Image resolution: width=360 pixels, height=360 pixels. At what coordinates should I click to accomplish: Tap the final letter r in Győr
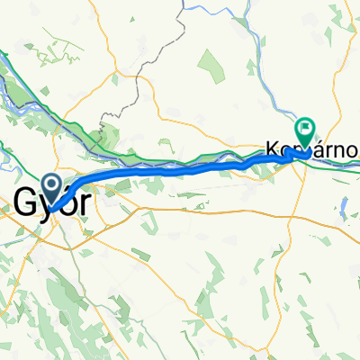pos(84,204)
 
